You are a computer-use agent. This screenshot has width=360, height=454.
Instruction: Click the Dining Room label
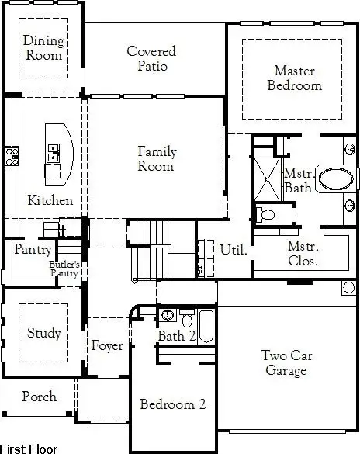pyautogui.click(x=43, y=48)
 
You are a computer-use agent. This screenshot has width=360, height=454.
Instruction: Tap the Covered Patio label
pyautogui.click(x=151, y=58)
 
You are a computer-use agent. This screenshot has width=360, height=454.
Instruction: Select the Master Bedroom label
pyautogui.click(x=294, y=78)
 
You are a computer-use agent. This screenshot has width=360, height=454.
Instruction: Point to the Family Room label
pyautogui.click(x=156, y=159)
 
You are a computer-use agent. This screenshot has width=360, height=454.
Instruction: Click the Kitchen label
pyautogui.click(x=50, y=200)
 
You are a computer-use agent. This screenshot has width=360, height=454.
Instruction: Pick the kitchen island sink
pyautogui.click(x=53, y=152)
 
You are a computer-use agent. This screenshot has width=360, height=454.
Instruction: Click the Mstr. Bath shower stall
pyautogui.click(x=268, y=175)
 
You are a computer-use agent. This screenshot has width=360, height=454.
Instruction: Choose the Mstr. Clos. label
pyautogui.click(x=303, y=253)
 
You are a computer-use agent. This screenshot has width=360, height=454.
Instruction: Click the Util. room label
pyautogui.click(x=234, y=250)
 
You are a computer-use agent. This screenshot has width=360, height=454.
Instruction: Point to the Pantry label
pyautogui.click(x=33, y=250)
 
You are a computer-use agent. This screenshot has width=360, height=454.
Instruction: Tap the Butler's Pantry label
pyautogui.click(x=66, y=269)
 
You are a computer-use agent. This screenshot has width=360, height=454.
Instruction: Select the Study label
pyautogui.click(x=43, y=333)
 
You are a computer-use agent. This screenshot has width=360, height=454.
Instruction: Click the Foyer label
pyautogui.click(x=107, y=346)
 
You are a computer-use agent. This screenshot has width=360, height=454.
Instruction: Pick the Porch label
pyautogui.click(x=39, y=397)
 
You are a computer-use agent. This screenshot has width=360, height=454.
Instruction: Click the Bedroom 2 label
pyautogui.click(x=172, y=404)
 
